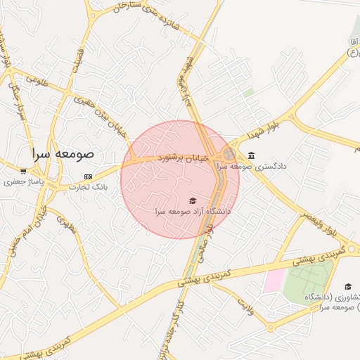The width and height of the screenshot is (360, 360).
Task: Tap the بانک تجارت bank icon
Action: (88, 176)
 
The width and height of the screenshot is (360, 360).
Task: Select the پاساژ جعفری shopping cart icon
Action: (23, 171)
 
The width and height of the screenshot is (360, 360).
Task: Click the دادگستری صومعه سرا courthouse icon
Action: (251, 156)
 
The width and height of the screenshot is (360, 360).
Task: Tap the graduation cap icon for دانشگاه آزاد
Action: (193, 201)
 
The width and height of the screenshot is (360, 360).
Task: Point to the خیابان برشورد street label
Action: (183, 158)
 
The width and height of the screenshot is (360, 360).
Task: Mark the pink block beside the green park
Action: (273, 281)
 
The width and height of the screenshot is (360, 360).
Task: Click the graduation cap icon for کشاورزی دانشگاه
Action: (348, 286)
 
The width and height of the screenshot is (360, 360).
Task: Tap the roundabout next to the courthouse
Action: (229, 153)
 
